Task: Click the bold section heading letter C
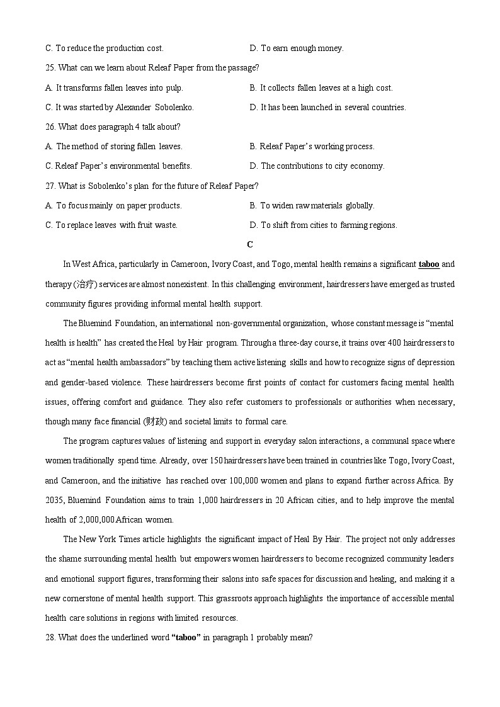point(250,244)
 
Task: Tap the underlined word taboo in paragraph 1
point(429,264)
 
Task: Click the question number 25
point(50,67)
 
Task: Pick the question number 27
point(50,186)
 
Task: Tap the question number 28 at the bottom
point(50,637)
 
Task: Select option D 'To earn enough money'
point(297,48)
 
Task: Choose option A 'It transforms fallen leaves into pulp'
point(114,88)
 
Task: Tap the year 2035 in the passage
point(54,501)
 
